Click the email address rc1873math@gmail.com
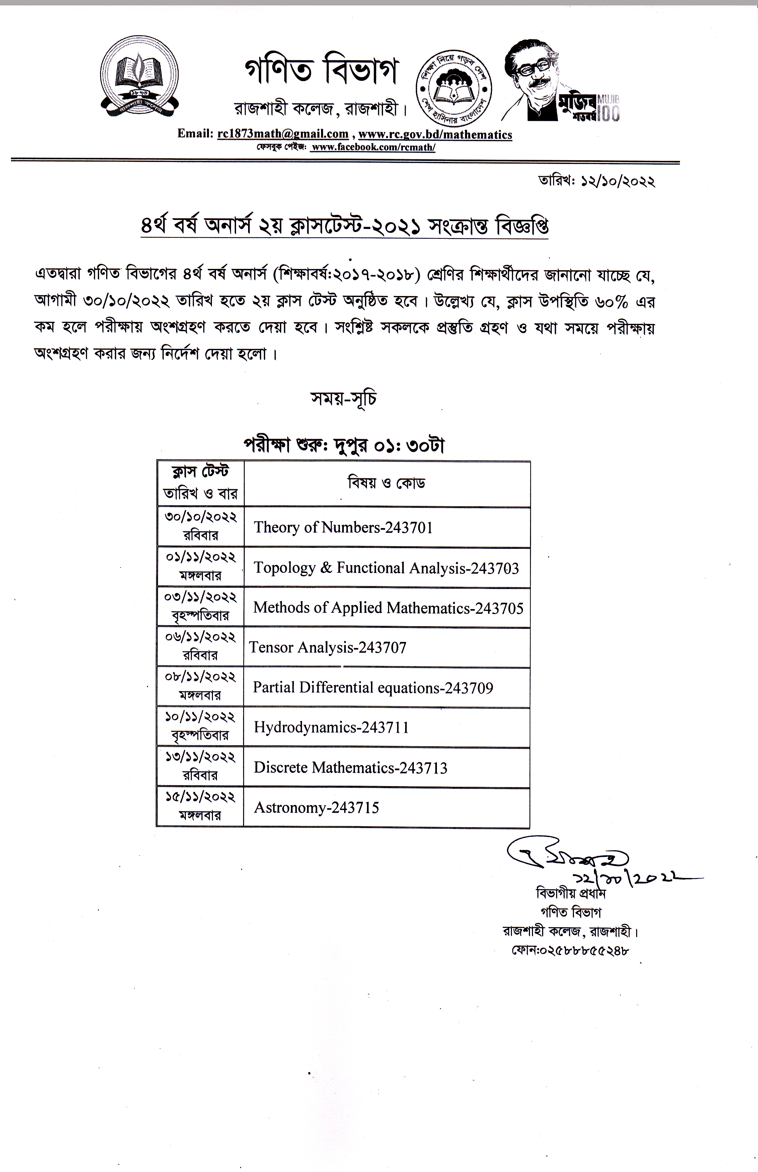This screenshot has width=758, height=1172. [x=283, y=134]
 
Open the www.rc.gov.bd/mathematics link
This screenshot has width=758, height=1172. [x=435, y=134]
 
